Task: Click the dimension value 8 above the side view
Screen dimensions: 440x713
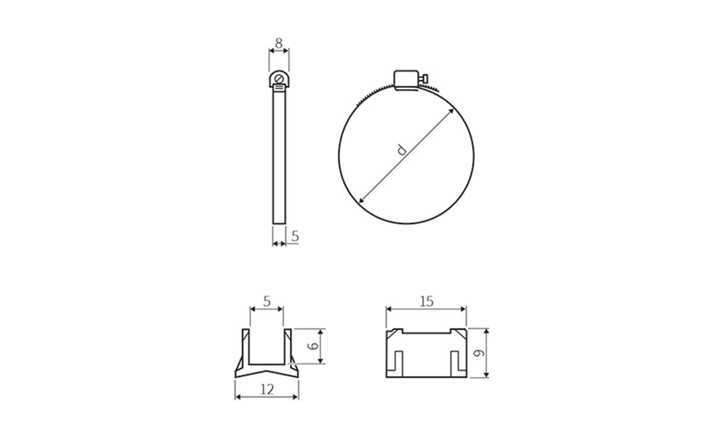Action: pos(279,43)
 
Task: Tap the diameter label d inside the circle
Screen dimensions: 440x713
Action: pos(402,150)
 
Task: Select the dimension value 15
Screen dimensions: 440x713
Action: pos(426,301)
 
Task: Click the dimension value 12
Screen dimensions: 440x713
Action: pos(267,389)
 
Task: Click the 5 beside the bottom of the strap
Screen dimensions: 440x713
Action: pos(295,236)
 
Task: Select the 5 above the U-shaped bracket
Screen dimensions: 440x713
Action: pos(266,301)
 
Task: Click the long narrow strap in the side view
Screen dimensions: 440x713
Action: pos(279,157)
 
